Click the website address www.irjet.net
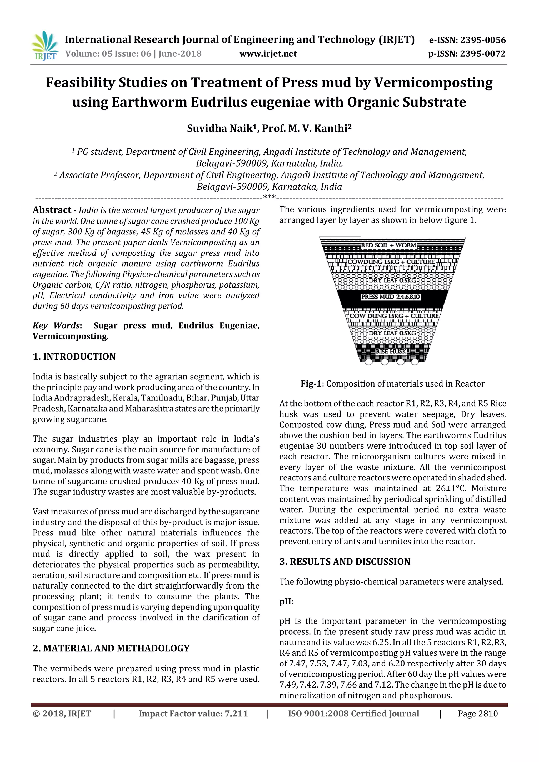pyautogui.click(x=268, y=54)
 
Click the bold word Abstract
pyautogui.click(x=52, y=210)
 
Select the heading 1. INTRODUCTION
pyautogui.click(x=74, y=357)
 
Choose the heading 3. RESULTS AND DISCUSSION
pyautogui.click(x=345, y=562)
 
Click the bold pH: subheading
pyautogui.click(x=286, y=602)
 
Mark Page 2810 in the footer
pyautogui.click(x=478, y=714)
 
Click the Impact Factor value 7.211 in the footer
pyautogui.click(x=193, y=714)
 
